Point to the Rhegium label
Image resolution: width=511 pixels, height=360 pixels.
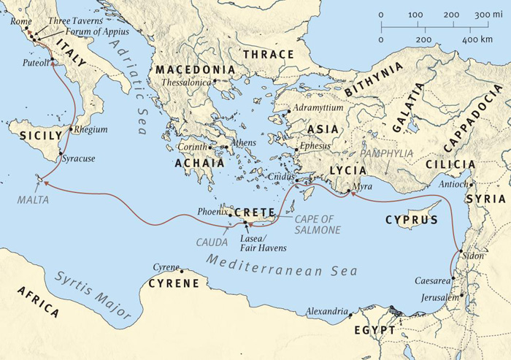coord(90,130)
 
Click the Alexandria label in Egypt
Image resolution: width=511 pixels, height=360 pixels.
coord(325,312)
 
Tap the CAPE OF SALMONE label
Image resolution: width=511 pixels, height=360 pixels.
coord(318,224)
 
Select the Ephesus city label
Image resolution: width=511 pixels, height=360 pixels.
coord(315,146)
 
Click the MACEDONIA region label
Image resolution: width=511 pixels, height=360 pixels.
coord(194,70)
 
